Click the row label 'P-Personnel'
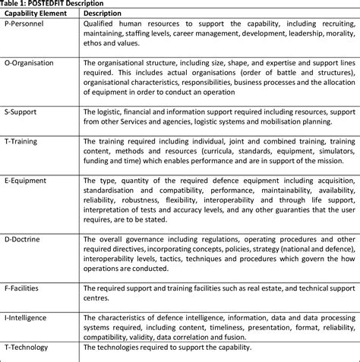click(x=25, y=24)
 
